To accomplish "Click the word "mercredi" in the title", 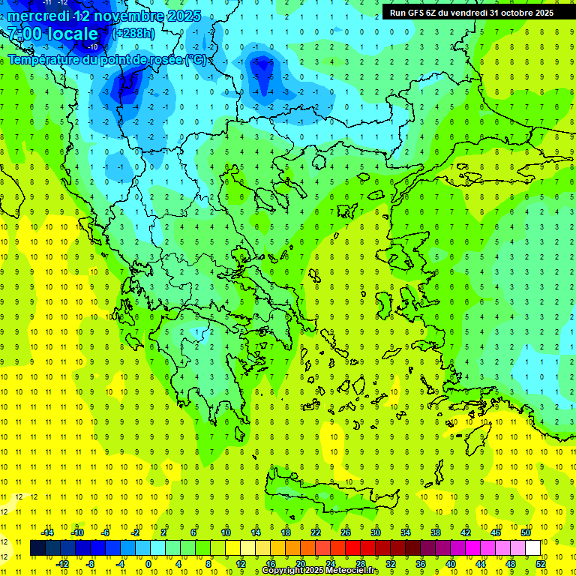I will pyautogui.click(x=38, y=15).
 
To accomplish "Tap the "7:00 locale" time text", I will pyautogui.click(x=52, y=34).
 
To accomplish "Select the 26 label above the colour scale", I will pyautogui.click(x=346, y=532).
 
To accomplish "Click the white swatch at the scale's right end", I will pyautogui.click(x=532, y=548).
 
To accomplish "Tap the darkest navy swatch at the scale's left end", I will pyautogui.click(x=37, y=548).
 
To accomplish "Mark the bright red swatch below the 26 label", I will pyautogui.click(x=352, y=548).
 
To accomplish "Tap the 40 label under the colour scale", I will pyautogui.click(x=450, y=564).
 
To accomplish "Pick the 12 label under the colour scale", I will pyautogui.click(x=241, y=564).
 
